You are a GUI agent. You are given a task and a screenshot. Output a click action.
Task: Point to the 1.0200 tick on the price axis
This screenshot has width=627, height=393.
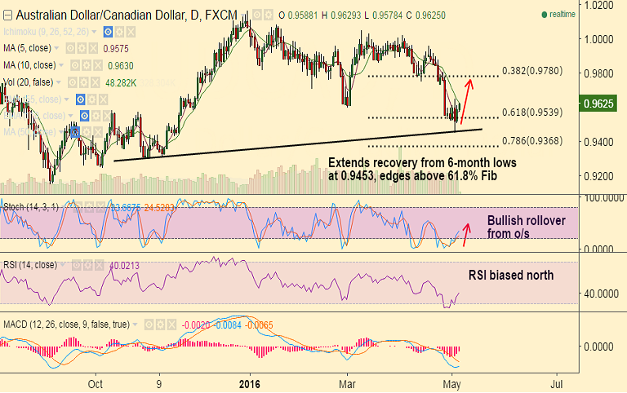pyautogui.click(x=600, y=5)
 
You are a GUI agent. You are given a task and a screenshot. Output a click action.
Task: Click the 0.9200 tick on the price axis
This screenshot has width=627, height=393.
pyautogui.click(x=600, y=176)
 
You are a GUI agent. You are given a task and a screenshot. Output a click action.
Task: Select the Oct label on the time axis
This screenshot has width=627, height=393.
pyautogui.click(x=96, y=382)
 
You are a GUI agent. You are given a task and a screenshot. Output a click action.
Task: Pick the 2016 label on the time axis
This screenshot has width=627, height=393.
pyautogui.click(x=250, y=382)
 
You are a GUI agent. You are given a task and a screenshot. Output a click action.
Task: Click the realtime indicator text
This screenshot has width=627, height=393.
pyautogui.click(x=563, y=15)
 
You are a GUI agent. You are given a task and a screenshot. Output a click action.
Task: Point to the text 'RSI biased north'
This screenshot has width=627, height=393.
pyautogui.click(x=510, y=276)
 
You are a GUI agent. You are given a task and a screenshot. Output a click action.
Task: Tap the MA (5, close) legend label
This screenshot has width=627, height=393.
pyautogui.click(x=29, y=48)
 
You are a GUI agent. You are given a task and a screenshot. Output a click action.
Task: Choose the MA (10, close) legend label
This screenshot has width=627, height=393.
pyautogui.click(x=31, y=65)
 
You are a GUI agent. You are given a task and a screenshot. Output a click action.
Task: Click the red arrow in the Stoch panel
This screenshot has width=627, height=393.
pyautogui.click(x=467, y=233)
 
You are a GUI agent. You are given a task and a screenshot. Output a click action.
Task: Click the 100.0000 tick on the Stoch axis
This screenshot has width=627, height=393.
pyautogui.click(x=602, y=198)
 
